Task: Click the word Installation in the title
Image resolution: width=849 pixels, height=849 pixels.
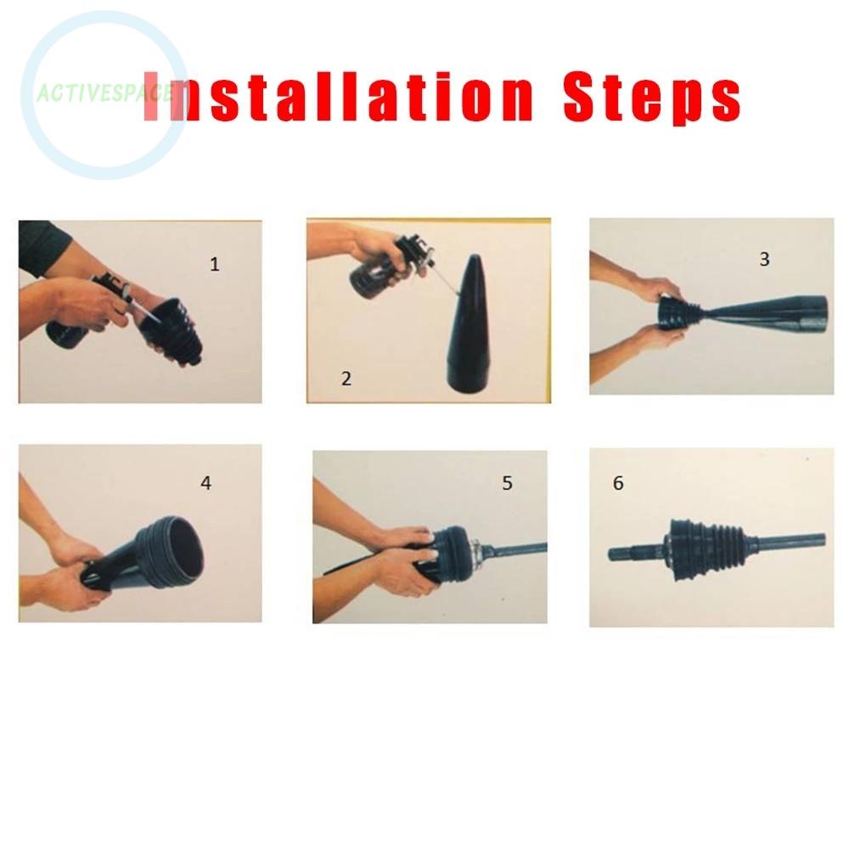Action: pyautogui.click(x=339, y=97)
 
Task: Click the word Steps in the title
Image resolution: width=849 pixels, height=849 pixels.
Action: pyautogui.click(x=652, y=98)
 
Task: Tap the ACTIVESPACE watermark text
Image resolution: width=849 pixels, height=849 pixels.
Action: pyautogui.click(x=104, y=93)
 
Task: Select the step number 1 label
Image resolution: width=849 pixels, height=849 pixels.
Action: pyautogui.click(x=215, y=264)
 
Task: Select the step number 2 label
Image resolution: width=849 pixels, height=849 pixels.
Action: pyautogui.click(x=346, y=379)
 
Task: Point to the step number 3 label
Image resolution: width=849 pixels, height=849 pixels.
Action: pyautogui.click(x=765, y=259)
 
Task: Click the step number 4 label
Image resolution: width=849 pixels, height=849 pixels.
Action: pyautogui.click(x=205, y=483)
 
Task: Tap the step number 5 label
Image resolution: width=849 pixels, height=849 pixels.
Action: pyautogui.click(x=507, y=483)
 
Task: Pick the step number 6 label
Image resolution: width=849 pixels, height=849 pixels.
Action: pyautogui.click(x=618, y=483)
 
